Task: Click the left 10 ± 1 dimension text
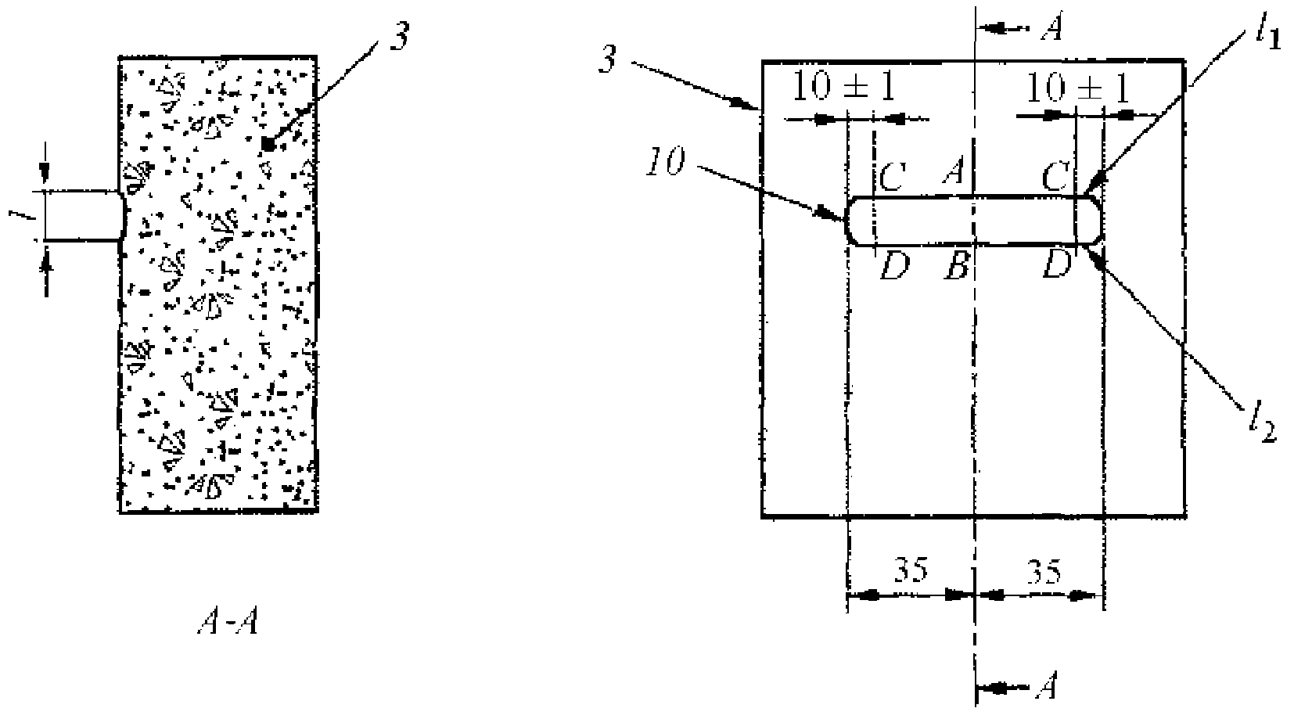(844, 87)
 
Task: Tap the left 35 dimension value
(911, 571)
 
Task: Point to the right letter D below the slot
(1057, 266)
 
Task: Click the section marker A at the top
(1051, 28)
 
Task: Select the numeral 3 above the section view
(399, 38)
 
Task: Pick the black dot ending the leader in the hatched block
(268, 144)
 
